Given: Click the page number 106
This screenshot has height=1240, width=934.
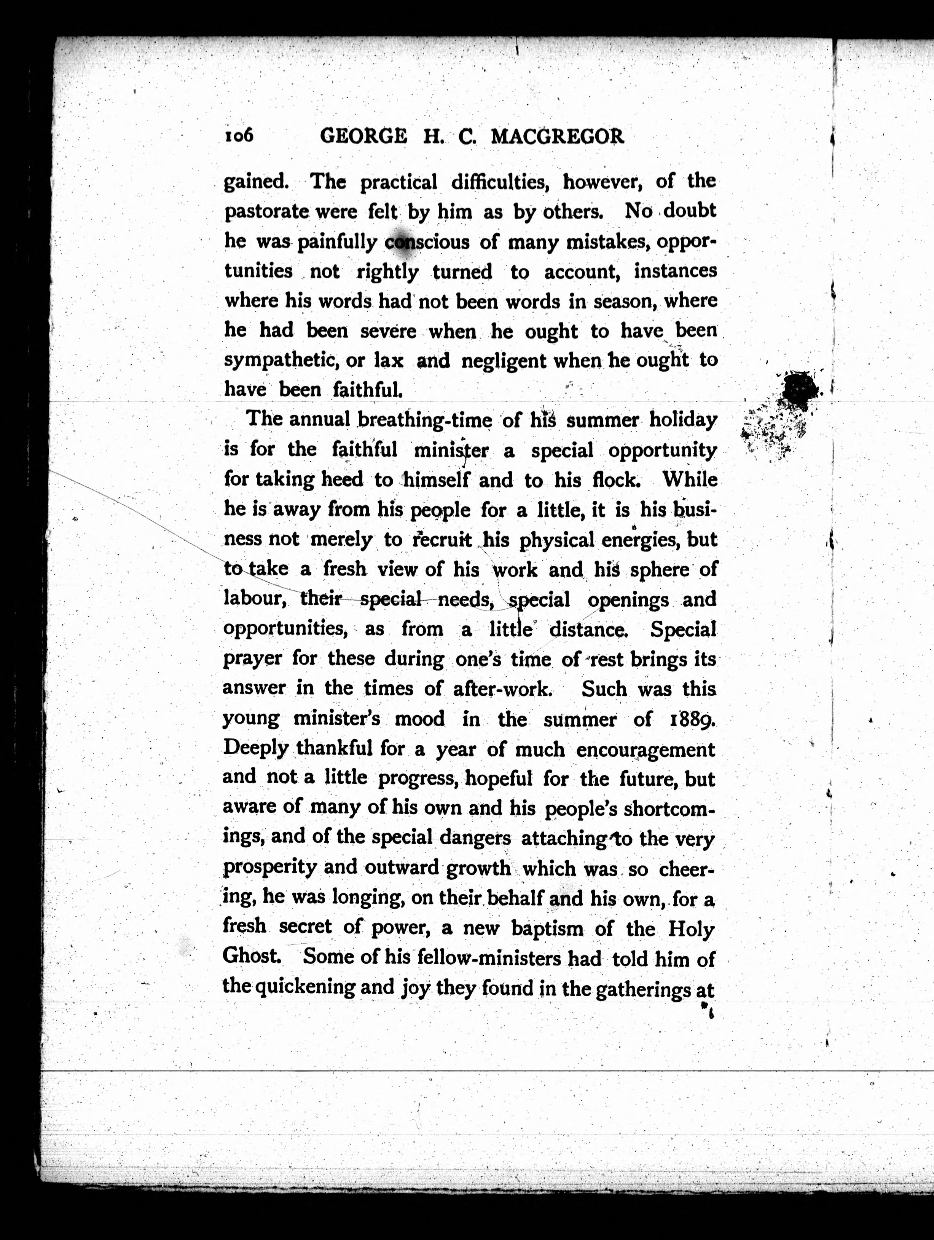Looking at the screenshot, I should click(239, 136).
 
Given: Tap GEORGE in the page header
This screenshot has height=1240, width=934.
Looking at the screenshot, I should click(363, 137).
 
